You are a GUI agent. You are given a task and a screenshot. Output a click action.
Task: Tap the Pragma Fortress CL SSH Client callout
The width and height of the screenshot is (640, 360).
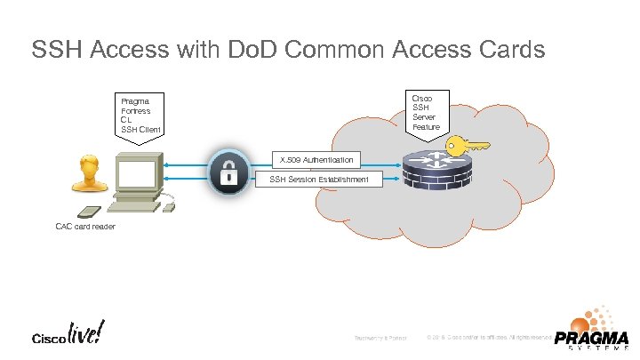141,116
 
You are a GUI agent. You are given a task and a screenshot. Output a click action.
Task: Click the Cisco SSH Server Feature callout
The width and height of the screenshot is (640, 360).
426,112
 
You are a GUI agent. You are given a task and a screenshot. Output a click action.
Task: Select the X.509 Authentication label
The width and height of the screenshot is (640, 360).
316,160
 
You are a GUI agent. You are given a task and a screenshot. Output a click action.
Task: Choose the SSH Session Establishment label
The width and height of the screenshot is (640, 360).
318,180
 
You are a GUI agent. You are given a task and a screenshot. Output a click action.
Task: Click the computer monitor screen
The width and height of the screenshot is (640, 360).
137,176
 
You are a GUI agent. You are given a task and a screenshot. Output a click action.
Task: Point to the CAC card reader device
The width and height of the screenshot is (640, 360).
90,212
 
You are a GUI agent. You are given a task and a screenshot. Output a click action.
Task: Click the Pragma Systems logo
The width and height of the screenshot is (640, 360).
590,329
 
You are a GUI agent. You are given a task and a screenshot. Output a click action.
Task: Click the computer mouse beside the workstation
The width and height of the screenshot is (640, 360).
169,208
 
